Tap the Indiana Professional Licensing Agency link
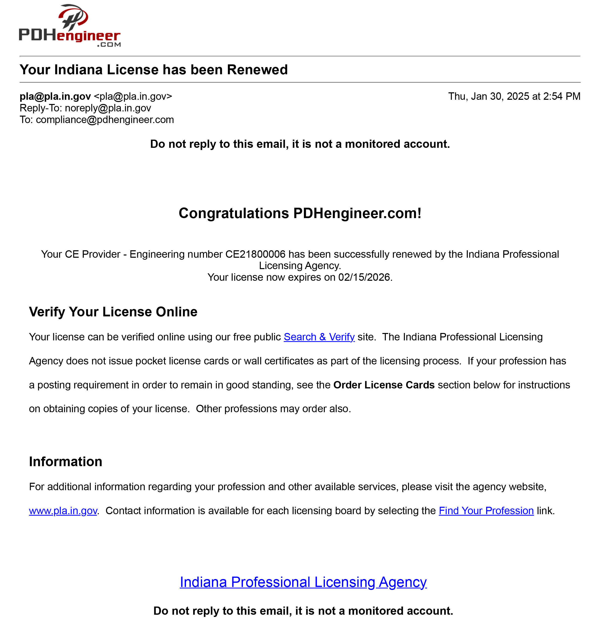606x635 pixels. click(x=303, y=582)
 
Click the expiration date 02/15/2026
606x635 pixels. click(x=364, y=277)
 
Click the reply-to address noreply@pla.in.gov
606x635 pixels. click(x=108, y=108)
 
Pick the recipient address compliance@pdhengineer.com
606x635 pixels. click(x=105, y=120)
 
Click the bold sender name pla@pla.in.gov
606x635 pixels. click(x=55, y=96)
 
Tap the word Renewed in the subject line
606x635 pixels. click(x=257, y=70)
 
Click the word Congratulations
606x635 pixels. click(x=234, y=213)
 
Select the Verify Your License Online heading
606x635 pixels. click(x=113, y=312)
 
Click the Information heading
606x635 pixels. click(x=66, y=461)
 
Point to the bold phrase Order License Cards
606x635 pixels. click(x=384, y=385)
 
